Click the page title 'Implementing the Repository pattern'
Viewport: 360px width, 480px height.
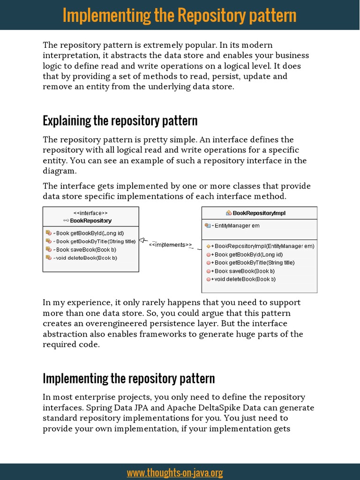(180, 15)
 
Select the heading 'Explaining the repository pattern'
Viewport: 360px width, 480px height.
(120, 121)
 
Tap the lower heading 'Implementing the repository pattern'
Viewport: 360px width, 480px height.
(128, 378)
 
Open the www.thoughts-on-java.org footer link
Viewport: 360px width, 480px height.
(175, 472)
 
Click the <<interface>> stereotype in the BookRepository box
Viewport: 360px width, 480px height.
(90, 213)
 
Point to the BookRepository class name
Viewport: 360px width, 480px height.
(90, 220)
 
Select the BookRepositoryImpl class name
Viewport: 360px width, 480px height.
(259, 213)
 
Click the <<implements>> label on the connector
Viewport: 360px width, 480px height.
(170, 245)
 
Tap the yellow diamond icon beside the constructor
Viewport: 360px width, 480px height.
(208, 246)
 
